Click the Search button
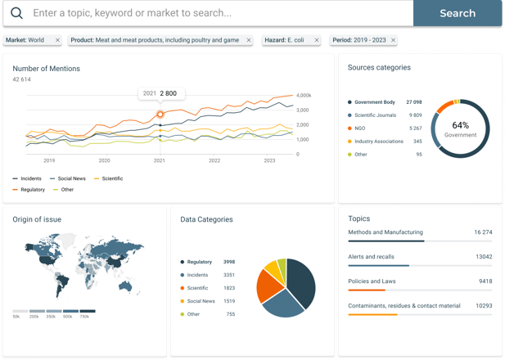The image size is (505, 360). (x=458, y=13)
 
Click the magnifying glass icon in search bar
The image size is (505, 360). (x=16, y=13)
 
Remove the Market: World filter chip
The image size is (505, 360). (x=57, y=39)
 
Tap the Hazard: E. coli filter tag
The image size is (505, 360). (x=286, y=39)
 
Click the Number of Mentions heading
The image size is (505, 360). (x=47, y=69)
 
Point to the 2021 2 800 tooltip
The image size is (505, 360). (x=161, y=94)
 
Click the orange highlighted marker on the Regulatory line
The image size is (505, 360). (x=160, y=114)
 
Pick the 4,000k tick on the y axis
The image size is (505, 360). (x=304, y=95)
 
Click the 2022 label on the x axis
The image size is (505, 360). (x=214, y=161)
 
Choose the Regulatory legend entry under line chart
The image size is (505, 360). (x=33, y=189)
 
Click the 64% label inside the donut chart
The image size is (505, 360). (x=460, y=125)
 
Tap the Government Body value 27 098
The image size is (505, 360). (x=413, y=102)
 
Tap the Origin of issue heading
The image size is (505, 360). (x=37, y=219)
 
